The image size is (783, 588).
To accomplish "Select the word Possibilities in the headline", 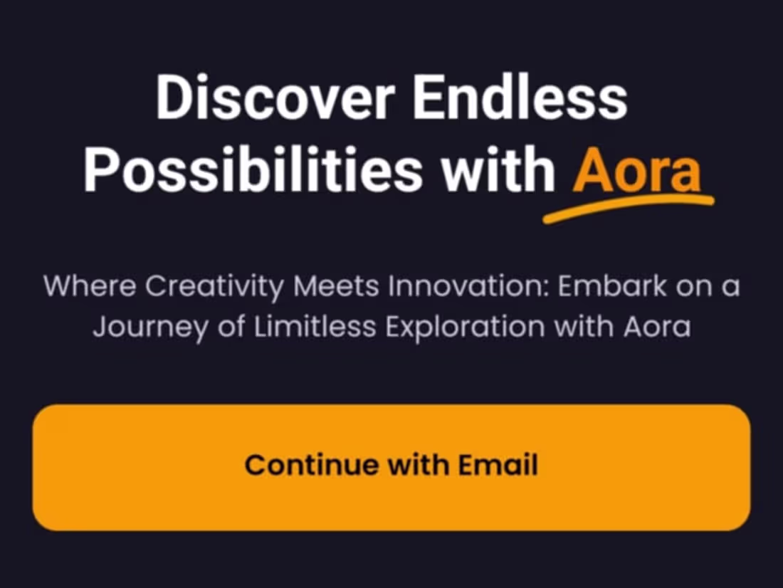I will (253, 173).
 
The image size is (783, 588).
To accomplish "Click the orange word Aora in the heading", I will (638, 173).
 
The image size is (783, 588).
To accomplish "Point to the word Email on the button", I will (498, 465).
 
